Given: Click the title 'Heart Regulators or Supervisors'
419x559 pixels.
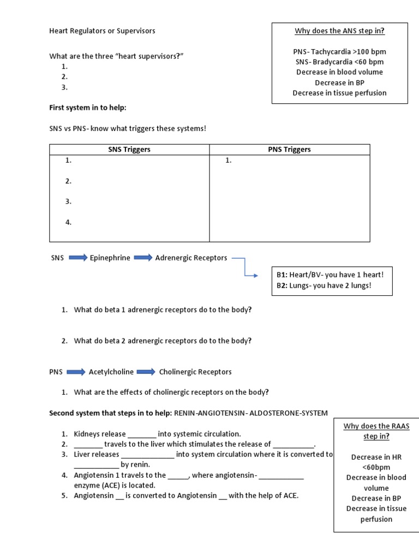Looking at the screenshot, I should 102,31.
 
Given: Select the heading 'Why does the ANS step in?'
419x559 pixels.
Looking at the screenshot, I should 339,31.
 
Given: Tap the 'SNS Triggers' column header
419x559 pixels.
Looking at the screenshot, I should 129,150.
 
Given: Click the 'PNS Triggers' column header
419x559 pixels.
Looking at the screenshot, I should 289,150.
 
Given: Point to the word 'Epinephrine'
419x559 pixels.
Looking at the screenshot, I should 110,258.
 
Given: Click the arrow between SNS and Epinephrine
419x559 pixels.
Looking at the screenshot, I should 77,258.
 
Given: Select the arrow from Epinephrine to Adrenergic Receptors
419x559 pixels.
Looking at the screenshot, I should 143,258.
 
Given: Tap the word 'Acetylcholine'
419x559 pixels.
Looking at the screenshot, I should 111,372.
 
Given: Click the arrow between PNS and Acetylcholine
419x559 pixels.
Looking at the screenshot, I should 76,372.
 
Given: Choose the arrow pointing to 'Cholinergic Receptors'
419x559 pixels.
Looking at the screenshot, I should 146,372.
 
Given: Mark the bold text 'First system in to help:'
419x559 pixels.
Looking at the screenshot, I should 88,108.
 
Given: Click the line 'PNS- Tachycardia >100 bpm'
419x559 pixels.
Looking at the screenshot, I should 339,52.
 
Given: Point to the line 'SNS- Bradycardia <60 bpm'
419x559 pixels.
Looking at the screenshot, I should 339,62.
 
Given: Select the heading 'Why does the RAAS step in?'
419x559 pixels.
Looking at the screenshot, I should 376,431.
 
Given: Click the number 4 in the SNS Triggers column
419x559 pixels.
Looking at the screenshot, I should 69,222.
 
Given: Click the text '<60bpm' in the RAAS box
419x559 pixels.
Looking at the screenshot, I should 376,467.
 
